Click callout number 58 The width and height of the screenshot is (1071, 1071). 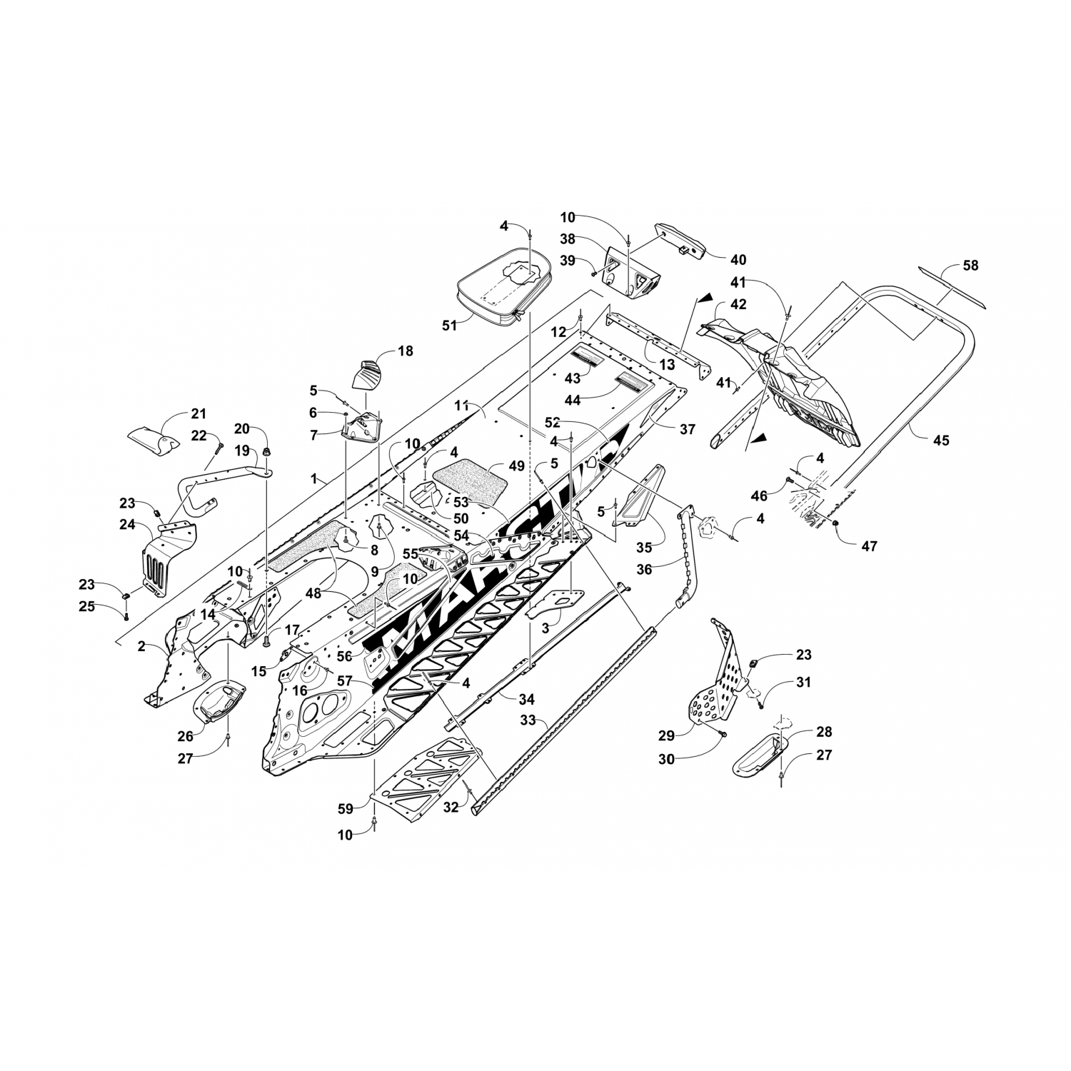(970, 266)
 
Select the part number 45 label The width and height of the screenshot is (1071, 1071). (941, 441)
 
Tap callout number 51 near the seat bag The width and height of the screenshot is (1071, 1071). (449, 326)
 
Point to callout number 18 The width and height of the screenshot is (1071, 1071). (406, 351)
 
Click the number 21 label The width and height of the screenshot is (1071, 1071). (198, 413)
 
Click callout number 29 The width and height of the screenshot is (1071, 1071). (665, 735)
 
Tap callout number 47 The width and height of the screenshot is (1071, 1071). (869, 546)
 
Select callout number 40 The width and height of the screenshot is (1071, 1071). (738, 259)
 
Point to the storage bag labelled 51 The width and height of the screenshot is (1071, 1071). (503, 292)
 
